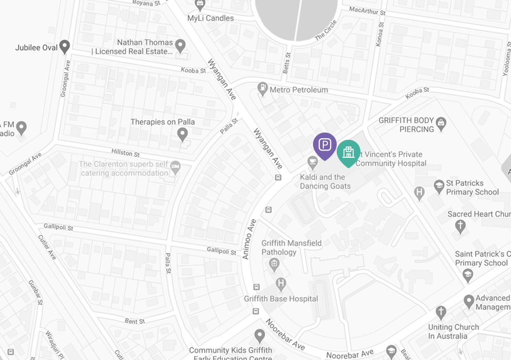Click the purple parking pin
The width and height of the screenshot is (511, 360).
(325, 144)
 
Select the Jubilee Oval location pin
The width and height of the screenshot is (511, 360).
(64, 47)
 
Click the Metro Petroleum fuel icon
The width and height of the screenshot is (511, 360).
(263, 89)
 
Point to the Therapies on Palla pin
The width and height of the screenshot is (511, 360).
(182, 135)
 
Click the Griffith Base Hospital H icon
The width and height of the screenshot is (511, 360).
(281, 283)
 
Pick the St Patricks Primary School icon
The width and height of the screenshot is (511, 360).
(439, 186)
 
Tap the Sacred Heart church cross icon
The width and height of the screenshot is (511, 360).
(460, 226)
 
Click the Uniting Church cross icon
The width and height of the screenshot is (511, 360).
(440, 312)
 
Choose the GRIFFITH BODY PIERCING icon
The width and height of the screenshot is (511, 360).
(441, 123)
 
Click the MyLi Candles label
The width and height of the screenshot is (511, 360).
(210, 18)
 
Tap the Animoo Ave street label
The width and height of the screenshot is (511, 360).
(249, 239)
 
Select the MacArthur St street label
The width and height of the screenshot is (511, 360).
(367, 10)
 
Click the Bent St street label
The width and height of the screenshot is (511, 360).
(135, 321)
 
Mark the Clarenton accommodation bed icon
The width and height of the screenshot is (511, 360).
(175, 167)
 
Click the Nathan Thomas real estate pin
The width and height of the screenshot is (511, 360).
(180, 46)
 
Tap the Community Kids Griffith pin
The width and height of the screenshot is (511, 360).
(259, 336)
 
